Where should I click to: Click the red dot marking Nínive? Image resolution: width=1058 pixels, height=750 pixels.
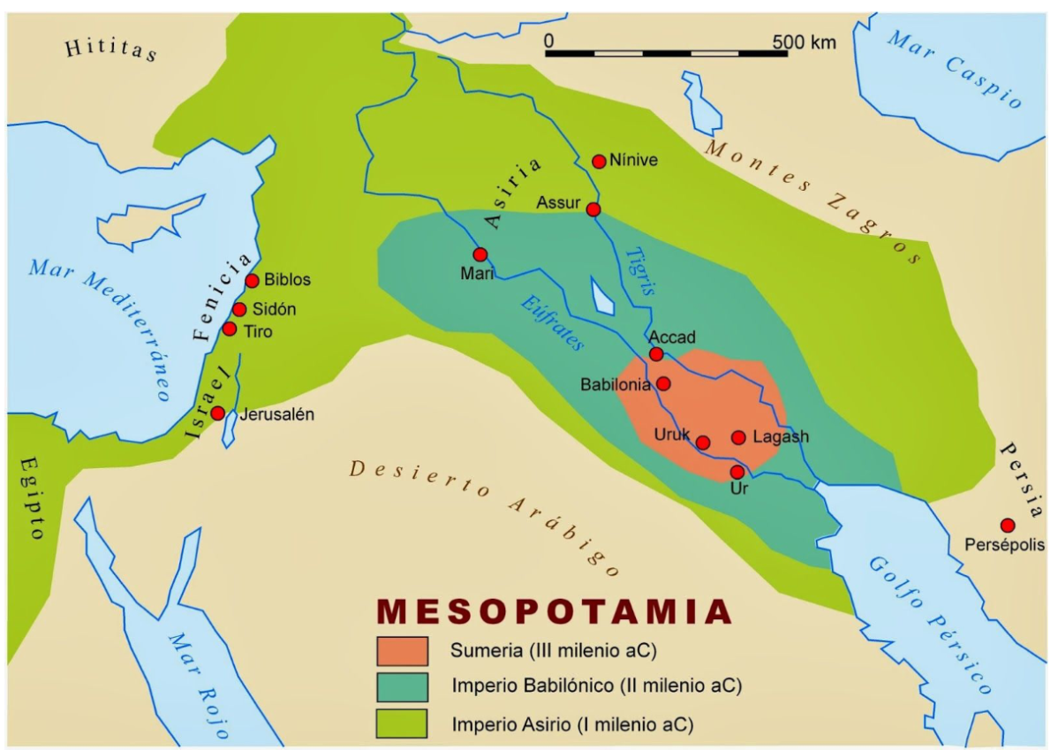pyautogui.click(x=599, y=161)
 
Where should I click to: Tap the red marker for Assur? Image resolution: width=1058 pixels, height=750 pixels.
pyautogui.click(x=593, y=209)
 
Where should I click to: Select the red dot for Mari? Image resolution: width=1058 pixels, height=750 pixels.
pyautogui.click(x=480, y=254)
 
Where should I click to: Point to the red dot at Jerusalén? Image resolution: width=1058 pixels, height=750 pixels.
pyautogui.click(x=217, y=413)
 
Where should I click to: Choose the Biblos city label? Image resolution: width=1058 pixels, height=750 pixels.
pyautogui.click(x=288, y=281)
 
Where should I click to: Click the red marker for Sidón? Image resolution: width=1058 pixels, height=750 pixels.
pyautogui.click(x=239, y=309)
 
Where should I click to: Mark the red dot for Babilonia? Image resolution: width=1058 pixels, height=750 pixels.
pyautogui.click(x=663, y=383)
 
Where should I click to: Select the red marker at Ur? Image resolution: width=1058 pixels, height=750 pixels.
pyautogui.click(x=737, y=472)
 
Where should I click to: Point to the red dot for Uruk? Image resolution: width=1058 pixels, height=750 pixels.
pyautogui.click(x=703, y=443)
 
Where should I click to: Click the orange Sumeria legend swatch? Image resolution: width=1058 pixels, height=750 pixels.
pyautogui.click(x=402, y=651)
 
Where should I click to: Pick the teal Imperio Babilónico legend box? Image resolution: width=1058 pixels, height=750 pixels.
pyautogui.click(x=402, y=686)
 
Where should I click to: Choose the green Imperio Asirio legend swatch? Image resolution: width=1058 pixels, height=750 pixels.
pyautogui.click(x=402, y=723)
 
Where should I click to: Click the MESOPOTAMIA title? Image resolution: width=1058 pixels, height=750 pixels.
pyautogui.click(x=555, y=612)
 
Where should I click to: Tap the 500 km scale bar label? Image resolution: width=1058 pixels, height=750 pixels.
pyautogui.click(x=803, y=42)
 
